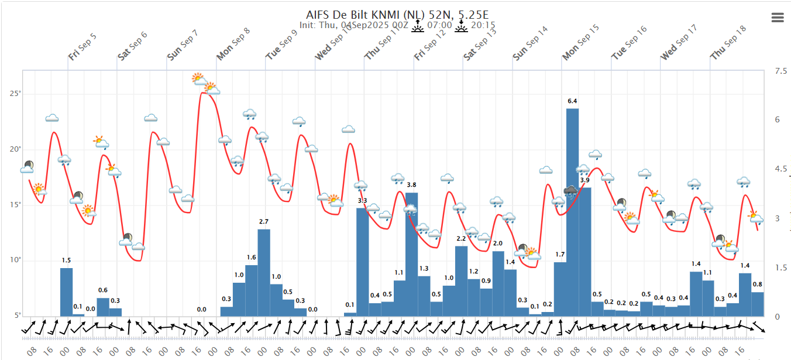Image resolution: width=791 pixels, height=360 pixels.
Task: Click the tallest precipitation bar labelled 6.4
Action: (x=572, y=212)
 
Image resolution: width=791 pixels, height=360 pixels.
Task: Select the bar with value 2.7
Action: (x=264, y=272)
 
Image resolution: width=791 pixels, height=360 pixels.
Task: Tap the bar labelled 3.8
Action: (x=411, y=254)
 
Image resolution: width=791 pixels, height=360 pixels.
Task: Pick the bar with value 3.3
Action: (x=362, y=262)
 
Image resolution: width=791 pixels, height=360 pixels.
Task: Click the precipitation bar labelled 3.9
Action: (x=584, y=252)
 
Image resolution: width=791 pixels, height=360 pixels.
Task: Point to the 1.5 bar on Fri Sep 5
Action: (x=66, y=292)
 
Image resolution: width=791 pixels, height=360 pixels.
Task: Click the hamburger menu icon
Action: (x=778, y=18)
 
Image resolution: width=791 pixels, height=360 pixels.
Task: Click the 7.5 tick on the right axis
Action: (x=780, y=71)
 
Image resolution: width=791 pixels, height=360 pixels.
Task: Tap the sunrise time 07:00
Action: (x=439, y=25)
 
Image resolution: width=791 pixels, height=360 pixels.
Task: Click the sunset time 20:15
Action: (x=483, y=25)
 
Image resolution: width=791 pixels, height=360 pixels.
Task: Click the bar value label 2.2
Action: (x=461, y=238)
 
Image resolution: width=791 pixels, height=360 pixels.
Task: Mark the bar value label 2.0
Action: (x=498, y=244)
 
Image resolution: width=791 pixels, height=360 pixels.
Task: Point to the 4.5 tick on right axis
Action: (x=780, y=169)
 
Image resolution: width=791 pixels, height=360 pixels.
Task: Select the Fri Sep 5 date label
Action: (x=82, y=47)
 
